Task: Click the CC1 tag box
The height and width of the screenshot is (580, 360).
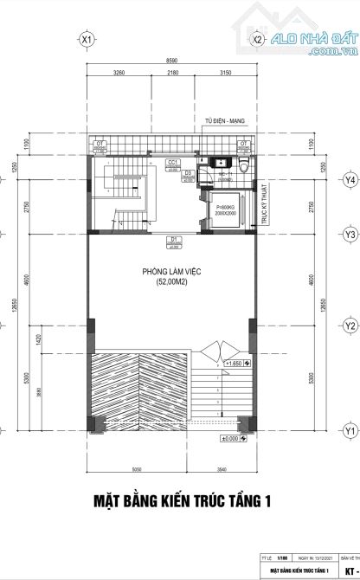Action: tap(173, 163)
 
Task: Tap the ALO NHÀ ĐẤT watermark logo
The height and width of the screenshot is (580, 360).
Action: tap(312, 41)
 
